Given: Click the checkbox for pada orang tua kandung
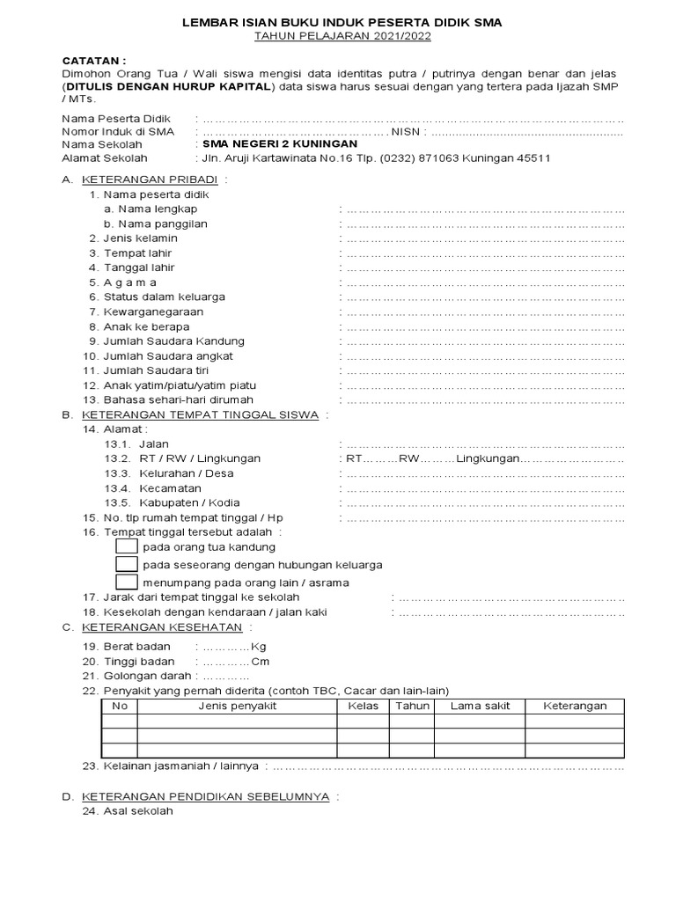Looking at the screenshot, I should click(x=127, y=547).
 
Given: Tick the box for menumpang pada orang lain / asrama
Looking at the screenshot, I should click(x=127, y=582).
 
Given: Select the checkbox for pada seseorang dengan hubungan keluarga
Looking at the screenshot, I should click(x=127, y=564).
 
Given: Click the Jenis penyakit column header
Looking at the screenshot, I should click(x=237, y=706).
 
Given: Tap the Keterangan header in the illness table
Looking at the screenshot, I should click(x=575, y=706).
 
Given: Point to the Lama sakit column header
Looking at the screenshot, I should click(x=480, y=706).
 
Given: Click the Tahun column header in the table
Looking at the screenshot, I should click(x=412, y=706).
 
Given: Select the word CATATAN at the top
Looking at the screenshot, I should click(x=88, y=59).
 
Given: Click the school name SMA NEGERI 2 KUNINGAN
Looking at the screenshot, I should click(x=279, y=143).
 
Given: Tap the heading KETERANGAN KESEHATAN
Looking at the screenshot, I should click(x=162, y=626).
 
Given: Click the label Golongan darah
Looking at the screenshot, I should click(x=150, y=676).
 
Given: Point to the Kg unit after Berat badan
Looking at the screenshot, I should click(x=258, y=646).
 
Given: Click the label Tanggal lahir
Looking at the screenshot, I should click(x=139, y=267).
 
